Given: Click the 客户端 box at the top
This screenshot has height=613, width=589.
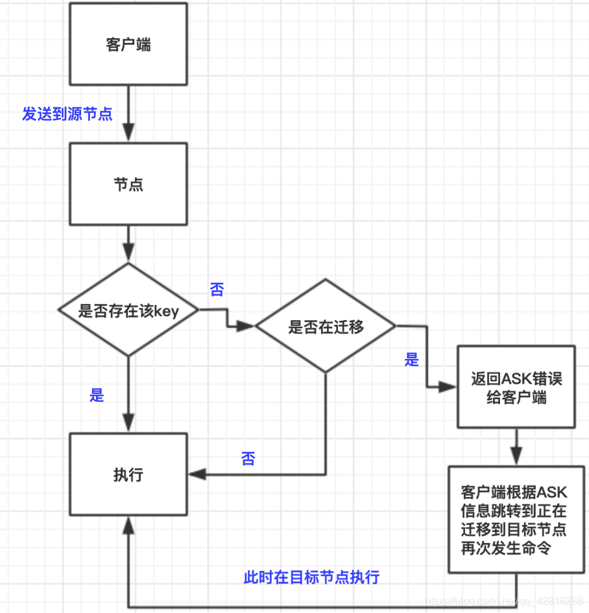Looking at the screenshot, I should coord(128,44).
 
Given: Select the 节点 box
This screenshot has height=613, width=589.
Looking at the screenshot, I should coord(128,185).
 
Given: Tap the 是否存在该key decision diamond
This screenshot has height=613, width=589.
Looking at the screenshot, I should coord(128,310).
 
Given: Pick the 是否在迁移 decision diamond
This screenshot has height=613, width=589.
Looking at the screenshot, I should coord(326,326).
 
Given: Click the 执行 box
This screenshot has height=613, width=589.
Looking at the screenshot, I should coord(128,474).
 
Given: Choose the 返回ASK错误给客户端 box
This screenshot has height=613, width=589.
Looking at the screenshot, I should coord(516,387).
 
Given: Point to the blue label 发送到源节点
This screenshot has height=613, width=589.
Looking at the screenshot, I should coord(67,115).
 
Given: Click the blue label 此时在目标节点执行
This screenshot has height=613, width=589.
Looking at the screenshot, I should coord(311,577).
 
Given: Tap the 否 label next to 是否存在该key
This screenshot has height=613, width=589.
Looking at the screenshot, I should coord(217,290).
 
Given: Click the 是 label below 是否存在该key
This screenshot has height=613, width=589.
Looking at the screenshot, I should coord(97,395).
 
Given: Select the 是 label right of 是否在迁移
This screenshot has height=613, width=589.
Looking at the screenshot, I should coord(412,360).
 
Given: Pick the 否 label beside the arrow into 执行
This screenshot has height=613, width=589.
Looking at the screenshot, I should coord(248,459).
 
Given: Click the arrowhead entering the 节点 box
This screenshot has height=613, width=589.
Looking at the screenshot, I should coord(128,134).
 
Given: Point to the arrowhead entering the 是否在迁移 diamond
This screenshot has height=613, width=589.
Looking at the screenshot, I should coord(247,327).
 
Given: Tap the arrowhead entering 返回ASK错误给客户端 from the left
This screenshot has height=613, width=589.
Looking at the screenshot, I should coord(449,387).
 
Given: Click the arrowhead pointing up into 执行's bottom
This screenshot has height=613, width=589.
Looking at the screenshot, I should coord(128,526).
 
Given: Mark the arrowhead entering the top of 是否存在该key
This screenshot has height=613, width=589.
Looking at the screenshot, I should coord(128,254).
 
